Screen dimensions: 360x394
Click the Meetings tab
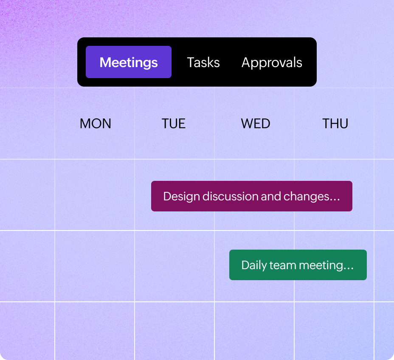pos(129,62)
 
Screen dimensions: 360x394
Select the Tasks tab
pos(203,62)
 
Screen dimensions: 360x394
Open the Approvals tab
pos(272,62)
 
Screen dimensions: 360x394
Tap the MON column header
pos(96,124)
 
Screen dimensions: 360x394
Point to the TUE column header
pos(174,124)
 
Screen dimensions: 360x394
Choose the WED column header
pos(256,124)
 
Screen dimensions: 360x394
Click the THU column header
pos(335,124)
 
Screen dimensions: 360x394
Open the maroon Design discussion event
pos(252,196)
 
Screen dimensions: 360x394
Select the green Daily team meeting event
pos(298,265)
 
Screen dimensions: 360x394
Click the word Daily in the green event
pos(253,265)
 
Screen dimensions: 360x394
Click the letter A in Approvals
pos(247,62)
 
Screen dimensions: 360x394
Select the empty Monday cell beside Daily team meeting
pos(95,266)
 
